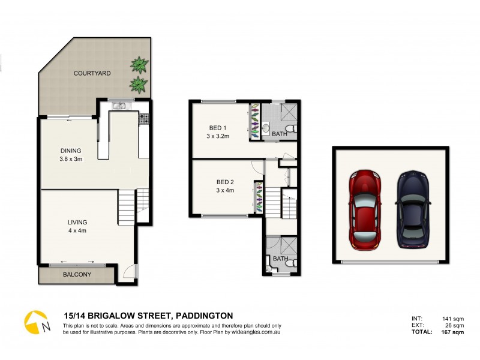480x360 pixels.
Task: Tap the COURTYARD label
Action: click(x=92, y=73)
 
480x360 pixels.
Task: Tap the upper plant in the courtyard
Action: click(x=140, y=64)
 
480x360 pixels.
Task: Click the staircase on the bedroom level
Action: click(x=274, y=203)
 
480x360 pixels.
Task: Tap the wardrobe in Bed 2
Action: click(x=258, y=197)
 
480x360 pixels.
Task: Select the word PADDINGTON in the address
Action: click(x=204, y=316)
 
